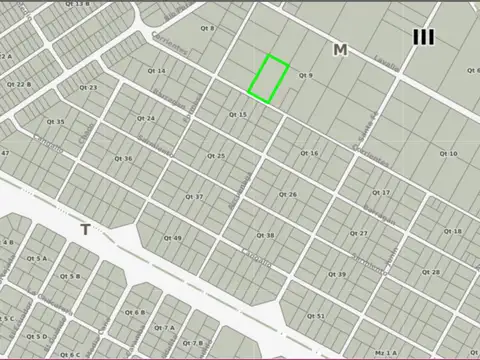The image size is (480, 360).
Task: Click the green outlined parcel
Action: (269, 79)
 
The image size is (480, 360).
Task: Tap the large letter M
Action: (340, 49)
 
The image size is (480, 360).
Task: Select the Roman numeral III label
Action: (423, 37)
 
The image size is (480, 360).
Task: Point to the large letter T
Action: (85, 230)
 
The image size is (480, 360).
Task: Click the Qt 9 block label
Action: (305, 75)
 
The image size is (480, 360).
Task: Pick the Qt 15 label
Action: (237, 114)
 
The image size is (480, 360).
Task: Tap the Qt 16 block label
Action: (309, 153)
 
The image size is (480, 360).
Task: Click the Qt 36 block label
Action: (123, 158)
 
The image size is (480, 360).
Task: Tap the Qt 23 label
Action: (88, 87)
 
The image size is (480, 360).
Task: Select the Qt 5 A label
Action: (37, 258)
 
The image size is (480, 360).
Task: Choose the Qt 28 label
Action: (430, 272)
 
